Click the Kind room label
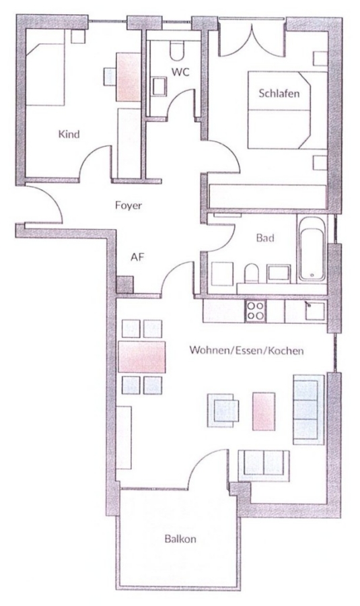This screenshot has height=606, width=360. point(69,134)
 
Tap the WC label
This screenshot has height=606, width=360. point(180,72)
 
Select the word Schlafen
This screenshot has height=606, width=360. point(279,93)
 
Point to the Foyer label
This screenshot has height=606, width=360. point(129,205)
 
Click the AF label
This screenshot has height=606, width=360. point(137,257)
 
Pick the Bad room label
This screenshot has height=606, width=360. point(265,238)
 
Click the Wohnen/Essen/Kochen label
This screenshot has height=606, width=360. point(246,351)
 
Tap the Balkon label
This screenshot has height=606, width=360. point(180,539)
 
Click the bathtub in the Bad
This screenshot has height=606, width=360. point(312,248)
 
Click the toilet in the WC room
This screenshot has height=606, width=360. point(177,50)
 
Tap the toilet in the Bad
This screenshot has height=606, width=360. point(252,273)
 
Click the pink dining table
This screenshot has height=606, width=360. point(142,357)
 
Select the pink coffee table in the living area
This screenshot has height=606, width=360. point(264,411)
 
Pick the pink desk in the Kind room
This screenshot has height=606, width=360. point(129,77)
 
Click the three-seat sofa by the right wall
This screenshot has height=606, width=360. point(309,409)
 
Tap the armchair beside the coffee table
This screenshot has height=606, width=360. point(223,411)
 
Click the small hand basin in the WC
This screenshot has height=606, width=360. point(159,86)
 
